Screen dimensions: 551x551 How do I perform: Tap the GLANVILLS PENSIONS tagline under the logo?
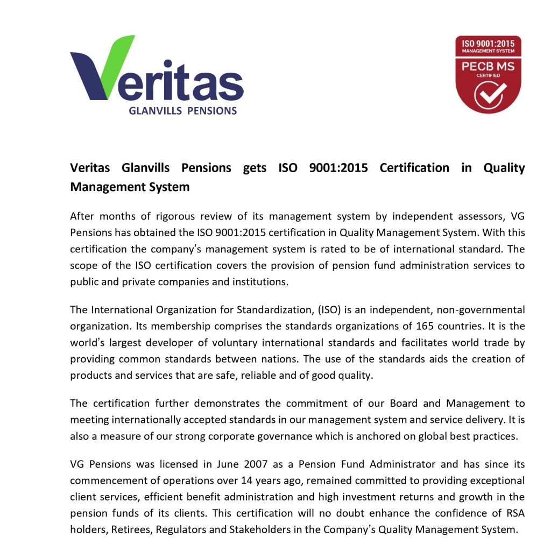click(183, 111)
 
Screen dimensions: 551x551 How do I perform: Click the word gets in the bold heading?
click(255, 168)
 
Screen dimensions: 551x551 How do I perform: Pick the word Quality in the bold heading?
click(504, 168)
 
